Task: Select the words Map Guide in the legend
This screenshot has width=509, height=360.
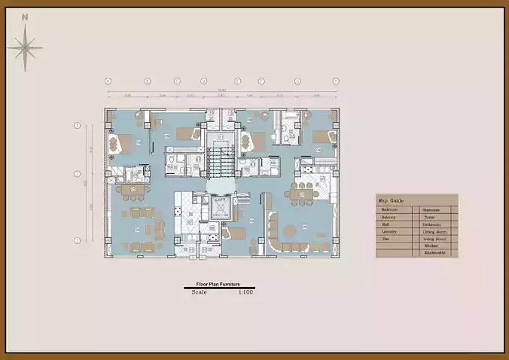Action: click(x=391, y=201)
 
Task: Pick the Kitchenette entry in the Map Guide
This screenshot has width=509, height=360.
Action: click(x=434, y=253)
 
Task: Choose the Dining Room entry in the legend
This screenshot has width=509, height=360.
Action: click(x=435, y=231)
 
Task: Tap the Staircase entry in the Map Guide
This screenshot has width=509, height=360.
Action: click(x=431, y=209)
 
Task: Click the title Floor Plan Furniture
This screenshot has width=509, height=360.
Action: click(x=218, y=284)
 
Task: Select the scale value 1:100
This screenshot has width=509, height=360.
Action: click(x=245, y=291)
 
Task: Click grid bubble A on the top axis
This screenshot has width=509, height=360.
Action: click(x=108, y=81)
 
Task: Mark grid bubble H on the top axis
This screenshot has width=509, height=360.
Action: click(x=336, y=81)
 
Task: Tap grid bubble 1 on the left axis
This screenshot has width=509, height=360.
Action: click(x=77, y=125)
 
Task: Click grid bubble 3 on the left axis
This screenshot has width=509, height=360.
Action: click(x=77, y=240)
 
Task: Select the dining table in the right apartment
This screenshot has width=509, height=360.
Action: click(x=306, y=194)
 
